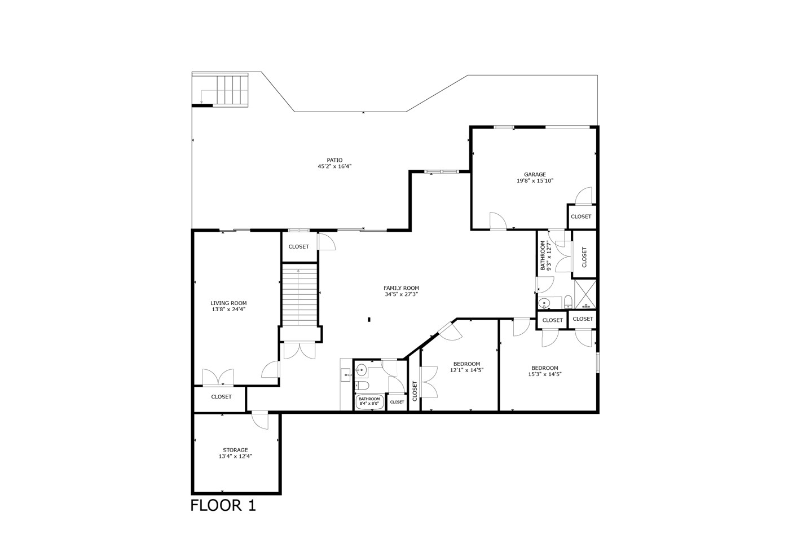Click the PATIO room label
334,160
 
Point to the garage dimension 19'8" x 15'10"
535,181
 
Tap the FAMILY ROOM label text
401,288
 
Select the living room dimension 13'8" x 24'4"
228,309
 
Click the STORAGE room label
235,450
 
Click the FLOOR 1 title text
223,505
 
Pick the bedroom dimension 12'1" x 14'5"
466,370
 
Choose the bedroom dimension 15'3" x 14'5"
544,374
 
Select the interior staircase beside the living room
299,296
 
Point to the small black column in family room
369,320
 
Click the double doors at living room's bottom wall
218,378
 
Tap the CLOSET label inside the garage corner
581,216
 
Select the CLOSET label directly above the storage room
221,397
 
